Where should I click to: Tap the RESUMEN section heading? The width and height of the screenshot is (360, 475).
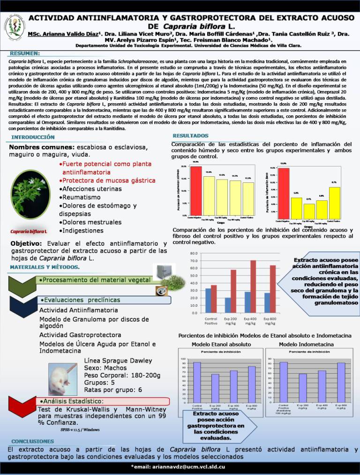click(25, 53)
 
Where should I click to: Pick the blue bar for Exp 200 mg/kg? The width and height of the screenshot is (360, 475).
click(228, 305)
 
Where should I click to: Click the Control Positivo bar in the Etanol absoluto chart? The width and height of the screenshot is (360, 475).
click(197, 382)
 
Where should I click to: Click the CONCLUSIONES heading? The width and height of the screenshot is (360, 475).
click(33, 441)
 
